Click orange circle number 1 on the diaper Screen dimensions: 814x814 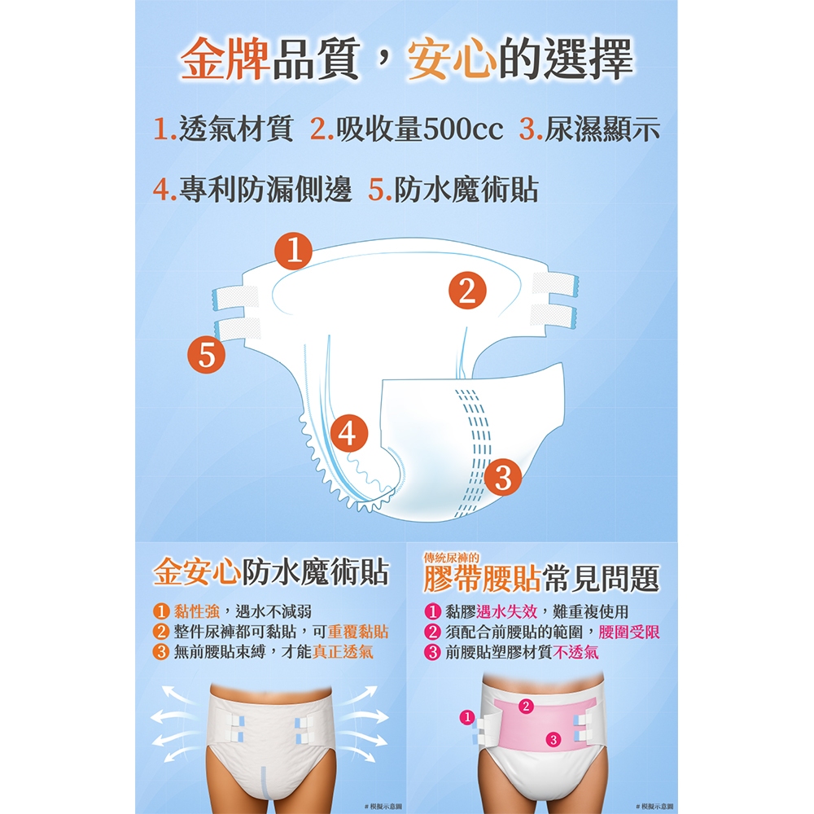pyautogui.click(x=293, y=251)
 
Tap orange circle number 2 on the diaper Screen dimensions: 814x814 pyautogui.click(x=467, y=291)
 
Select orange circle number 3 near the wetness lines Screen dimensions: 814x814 pyautogui.click(x=503, y=477)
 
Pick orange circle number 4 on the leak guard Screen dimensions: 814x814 pyautogui.click(x=349, y=433)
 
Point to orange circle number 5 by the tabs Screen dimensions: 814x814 pyautogui.click(x=207, y=355)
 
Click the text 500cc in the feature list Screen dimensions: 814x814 pyautogui.click(x=463, y=129)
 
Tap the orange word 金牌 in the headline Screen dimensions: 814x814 pyautogui.click(x=225, y=58)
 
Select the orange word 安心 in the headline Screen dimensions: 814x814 pyautogui.click(x=451, y=58)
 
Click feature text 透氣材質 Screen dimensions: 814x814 pyautogui.click(x=236, y=129)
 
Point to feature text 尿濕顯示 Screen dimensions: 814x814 pyautogui.click(x=602, y=129)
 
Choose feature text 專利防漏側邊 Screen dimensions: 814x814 pyautogui.click(x=265, y=189)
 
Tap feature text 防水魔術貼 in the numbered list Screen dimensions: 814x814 pyautogui.click(x=466, y=189)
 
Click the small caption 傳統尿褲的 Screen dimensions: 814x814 pyautogui.click(x=451, y=558)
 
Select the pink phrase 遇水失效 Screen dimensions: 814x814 pyautogui.click(x=506, y=611)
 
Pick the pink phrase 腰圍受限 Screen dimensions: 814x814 pyautogui.click(x=629, y=632)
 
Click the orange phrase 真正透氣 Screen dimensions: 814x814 pyautogui.click(x=343, y=651)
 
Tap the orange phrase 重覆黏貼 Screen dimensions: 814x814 pyautogui.click(x=358, y=632)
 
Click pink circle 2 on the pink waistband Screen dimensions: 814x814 pyautogui.click(x=526, y=706)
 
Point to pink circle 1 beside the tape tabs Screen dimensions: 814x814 pyautogui.click(x=467, y=717)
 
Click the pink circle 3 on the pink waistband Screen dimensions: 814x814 pyautogui.click(x=554, y=739)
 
